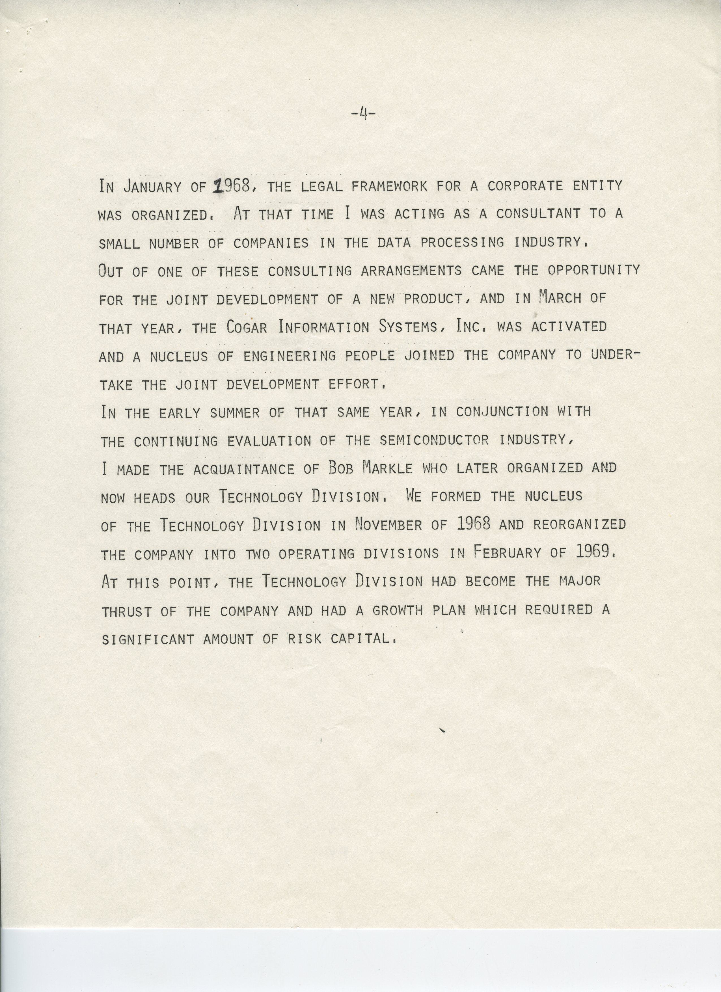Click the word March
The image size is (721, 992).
560,298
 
